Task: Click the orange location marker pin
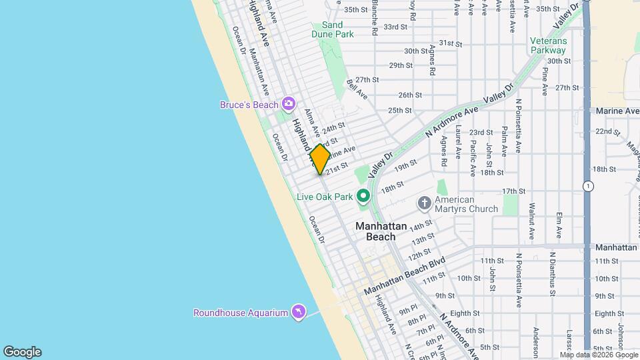coord(320,159)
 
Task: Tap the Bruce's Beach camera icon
coord(288,103)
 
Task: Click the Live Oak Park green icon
coord(363,196)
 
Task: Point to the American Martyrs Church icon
coord(424,203)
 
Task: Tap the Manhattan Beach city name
coord(381,231)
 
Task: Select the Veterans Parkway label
coord(548,45)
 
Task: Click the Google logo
coord(22,352)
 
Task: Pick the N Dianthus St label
coord(552,273)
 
